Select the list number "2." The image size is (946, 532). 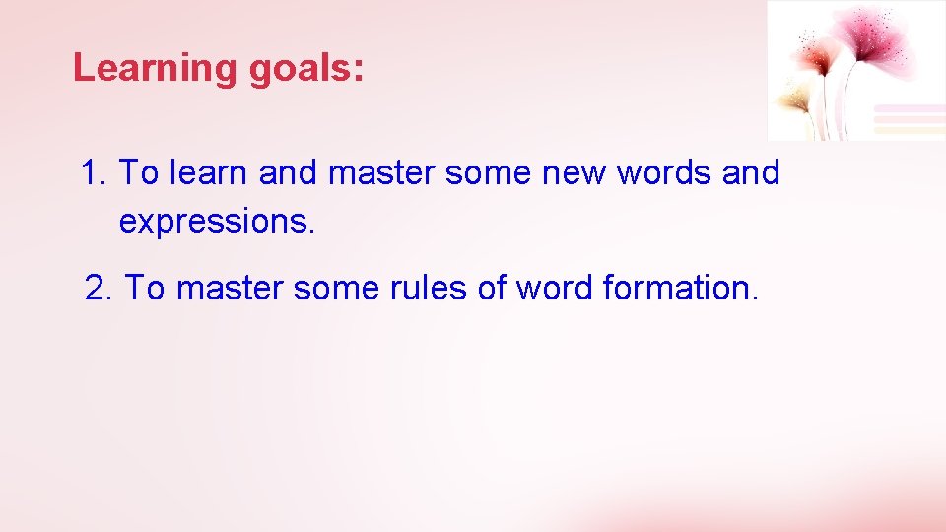coord(100,289)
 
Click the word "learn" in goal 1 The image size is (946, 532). coord(209,173)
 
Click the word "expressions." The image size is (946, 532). coord(217,223)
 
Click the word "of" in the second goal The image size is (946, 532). coord(471,289)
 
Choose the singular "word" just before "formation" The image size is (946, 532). coord(545,289)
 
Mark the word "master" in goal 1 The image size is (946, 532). coord(381,173)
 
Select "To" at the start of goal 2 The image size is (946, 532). coord(145,289)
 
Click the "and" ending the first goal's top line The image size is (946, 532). coord(751,173)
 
